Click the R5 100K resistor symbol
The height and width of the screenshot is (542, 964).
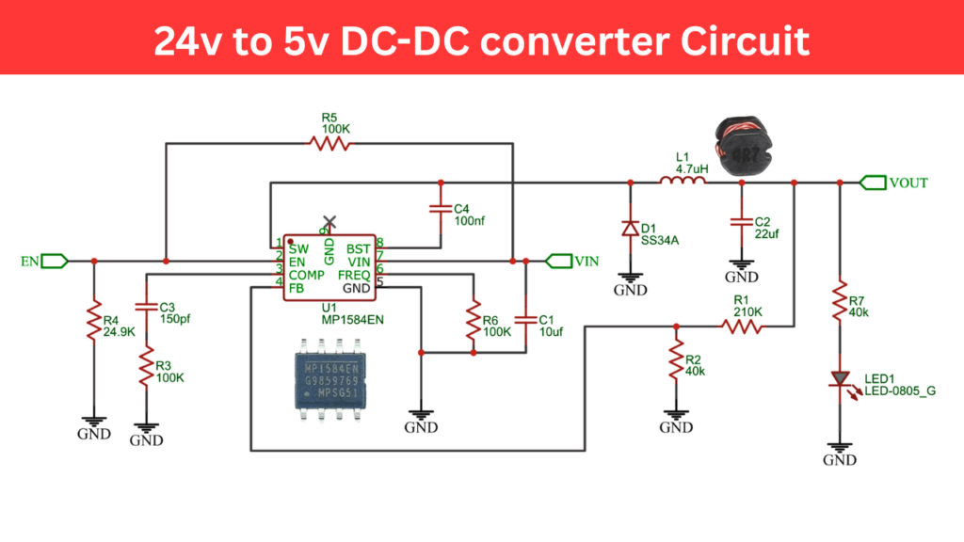click(x=329, y=144)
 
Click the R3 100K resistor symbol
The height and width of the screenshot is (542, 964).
click(x=145, y=368)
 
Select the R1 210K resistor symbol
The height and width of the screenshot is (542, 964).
click(x=742, y=327)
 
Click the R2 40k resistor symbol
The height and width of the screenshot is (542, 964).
click(x=675, y=358)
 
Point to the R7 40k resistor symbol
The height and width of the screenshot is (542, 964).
click(x=838, y=302)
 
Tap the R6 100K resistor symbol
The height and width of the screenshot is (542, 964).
click(x=474, y=323)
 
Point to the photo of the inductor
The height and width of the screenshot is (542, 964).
click(x=741, y=146)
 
